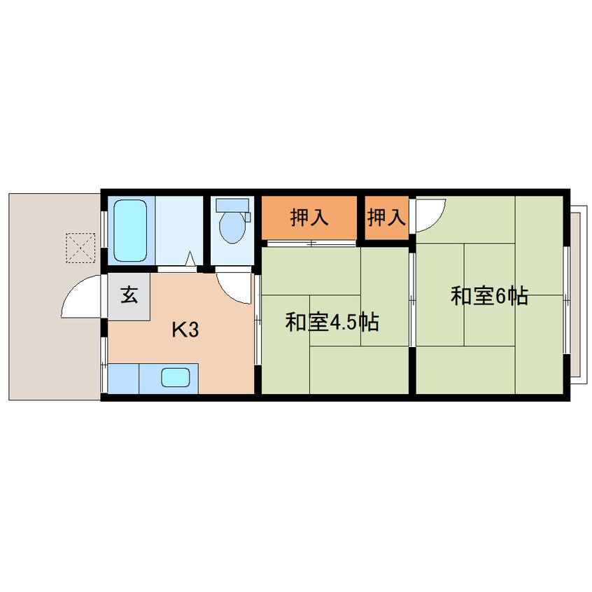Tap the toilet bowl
pyautogui.click(x=232, y=227)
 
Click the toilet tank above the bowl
pyautogui.click(x=232, y=206)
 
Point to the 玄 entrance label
pyautogui.click(x=129, y=295)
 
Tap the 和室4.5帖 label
pyautogui.click(x=332, y=322)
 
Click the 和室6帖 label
pyautogui.click(x=488, y=297)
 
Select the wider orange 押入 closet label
pyautogui.click(x=309, y=218)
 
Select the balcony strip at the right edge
pyautogui.click(x=575, y=294)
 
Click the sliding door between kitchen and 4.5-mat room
pyautogui.click(x=258, y=319)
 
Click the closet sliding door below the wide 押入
pyautogui.click(x=310, y=244)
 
